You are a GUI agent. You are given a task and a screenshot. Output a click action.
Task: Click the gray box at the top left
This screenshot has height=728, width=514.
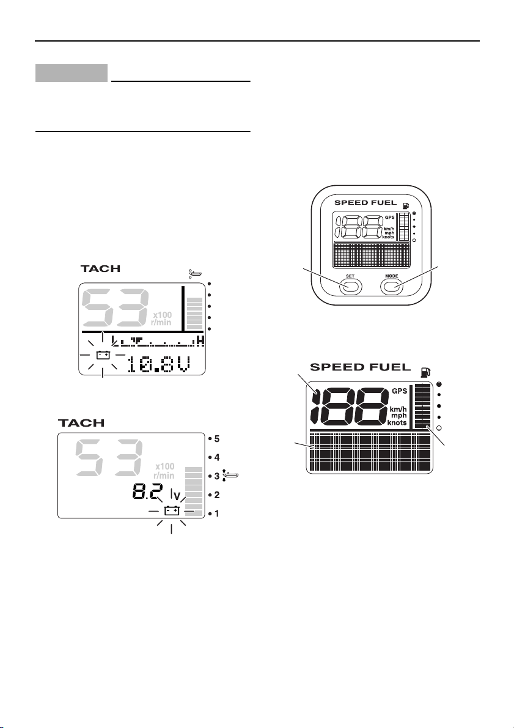coord(72,73)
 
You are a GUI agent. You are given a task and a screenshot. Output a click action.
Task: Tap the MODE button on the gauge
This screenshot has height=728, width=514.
coord(392,285)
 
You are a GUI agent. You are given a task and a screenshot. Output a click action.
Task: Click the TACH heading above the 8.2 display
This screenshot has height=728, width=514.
coord(82,423)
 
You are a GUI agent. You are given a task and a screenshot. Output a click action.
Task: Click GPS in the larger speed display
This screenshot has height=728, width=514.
coord(399,391)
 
